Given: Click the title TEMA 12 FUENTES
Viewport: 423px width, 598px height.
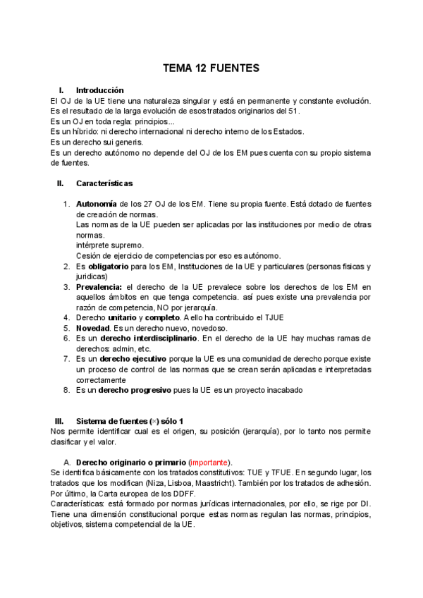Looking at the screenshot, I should tap(211, 68).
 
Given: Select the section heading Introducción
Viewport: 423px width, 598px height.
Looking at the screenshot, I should tap(99, 90).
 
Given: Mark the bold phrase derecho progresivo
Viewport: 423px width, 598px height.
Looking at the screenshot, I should tap(135, 390).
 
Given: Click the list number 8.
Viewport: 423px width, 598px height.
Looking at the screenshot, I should tap(66, 390).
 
